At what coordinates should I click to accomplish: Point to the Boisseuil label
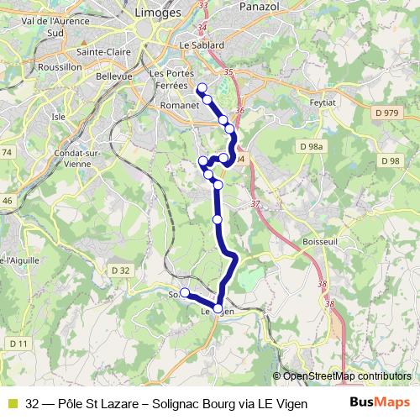coord(318,242)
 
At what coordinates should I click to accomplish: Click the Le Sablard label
coord(202,45)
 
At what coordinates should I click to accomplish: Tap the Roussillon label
coord(59,66)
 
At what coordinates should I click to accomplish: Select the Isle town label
coord(59,117)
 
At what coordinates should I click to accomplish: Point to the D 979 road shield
coord(387,113)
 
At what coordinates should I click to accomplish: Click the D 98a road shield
coord(312,146)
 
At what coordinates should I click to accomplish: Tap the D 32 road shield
coord(121,270)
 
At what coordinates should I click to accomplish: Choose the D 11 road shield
coord(19,344)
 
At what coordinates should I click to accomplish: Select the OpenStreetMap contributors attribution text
coord(346,376)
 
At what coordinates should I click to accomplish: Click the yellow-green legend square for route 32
coord(12,402)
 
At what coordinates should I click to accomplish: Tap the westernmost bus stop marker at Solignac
coord(186,293)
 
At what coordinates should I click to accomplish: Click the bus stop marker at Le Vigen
coord(218,309)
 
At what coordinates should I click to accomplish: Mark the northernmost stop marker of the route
coord(201,88)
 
